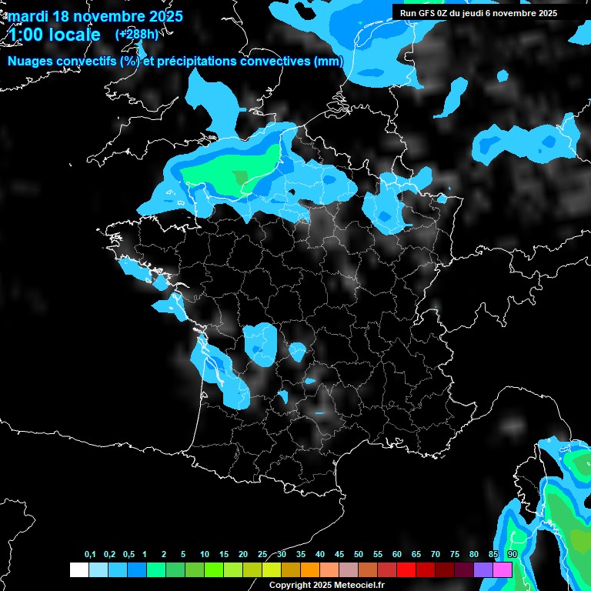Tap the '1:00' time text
point(25,35)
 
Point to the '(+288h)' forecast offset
point(136,35)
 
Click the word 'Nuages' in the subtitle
point(31,62)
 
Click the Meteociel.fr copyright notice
point(326,585)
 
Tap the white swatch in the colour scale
point(78,569)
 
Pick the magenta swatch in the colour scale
point(503,569)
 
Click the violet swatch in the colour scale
point(483,569)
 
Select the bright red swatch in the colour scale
point(406,569)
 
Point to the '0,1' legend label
point(90,555)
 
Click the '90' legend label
point(512,555)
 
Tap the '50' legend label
point(359,555)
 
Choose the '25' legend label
point(262,555)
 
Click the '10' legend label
point(205,555)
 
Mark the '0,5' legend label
point(129,555)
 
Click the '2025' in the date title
point(165,16)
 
